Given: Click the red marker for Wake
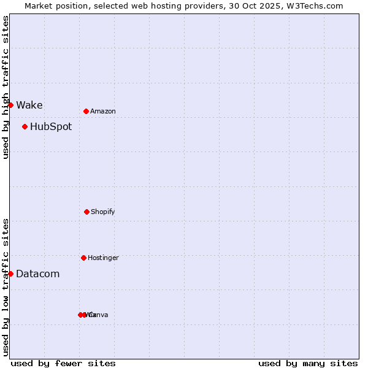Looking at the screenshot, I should click(10, 105).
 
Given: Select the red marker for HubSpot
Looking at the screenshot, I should click(25, 127).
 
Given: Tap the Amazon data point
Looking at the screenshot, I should click(86, 111).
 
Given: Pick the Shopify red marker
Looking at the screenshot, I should click(86, 212).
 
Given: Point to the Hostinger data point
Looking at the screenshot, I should click(83, 258).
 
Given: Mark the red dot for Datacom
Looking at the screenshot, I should click(10, 274).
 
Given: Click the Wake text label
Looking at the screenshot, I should click(29, 105).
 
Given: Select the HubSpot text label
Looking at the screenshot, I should click(51, 127).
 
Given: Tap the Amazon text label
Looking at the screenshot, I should click(103, 111).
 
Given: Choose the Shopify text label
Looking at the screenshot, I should click(103, 212).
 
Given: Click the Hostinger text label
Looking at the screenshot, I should click(103, 258).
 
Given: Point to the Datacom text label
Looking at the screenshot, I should click(38, 274).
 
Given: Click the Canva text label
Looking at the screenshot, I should click(99, 315).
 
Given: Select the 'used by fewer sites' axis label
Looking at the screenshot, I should click(63, 363).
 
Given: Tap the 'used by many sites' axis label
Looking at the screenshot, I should click(308, 363).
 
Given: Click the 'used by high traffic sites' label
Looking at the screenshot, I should click(6, 87).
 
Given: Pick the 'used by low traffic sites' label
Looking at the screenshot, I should click(6, 286).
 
